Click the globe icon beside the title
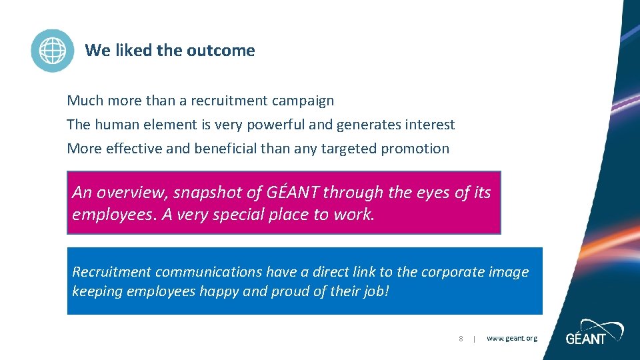53,51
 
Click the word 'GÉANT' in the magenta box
293,193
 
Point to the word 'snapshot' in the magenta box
205,193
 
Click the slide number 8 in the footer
461,339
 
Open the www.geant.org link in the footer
511,339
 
